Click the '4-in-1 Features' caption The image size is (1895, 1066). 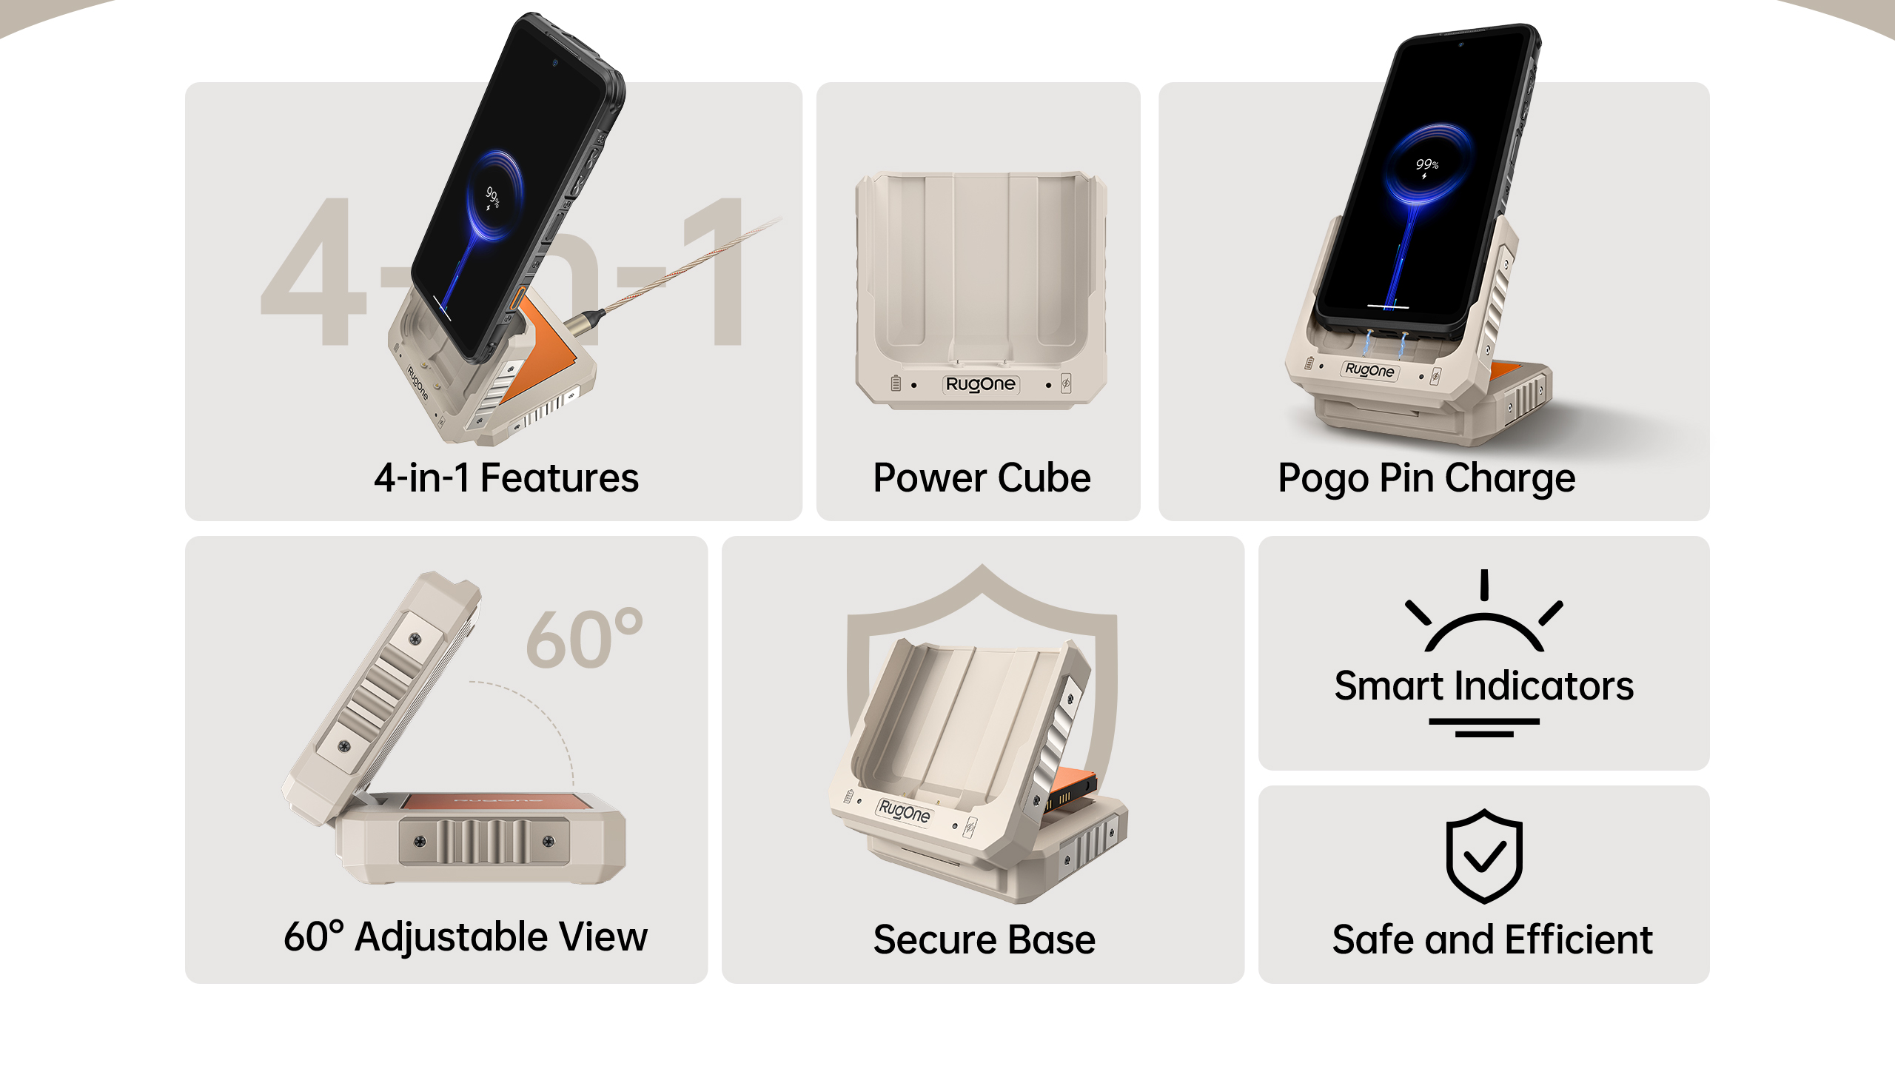click(506, 477)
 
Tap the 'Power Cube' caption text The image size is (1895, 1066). click(982, 477)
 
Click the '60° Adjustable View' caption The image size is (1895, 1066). click(466, 937)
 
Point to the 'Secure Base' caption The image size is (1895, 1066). click(984, 939)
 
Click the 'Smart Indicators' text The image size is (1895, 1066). click(1483, 685)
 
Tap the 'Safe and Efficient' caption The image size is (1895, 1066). click(1492, 939)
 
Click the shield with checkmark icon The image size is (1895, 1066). click(1484, 856)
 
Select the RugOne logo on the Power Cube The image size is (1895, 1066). click(981, 384)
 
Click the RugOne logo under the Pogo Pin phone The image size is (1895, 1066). click(1369, 370)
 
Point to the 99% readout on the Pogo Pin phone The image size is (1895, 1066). click(1426, 164)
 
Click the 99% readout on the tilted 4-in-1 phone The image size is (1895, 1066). click(493, 198)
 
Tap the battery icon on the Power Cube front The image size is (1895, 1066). click(896, 383)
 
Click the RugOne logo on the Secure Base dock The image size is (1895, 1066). click(905, 811)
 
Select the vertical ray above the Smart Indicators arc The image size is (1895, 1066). click(1484, 585)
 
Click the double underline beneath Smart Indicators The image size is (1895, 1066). click(1484, 728)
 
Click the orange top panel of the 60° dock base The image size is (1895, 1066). click(497, 802)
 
